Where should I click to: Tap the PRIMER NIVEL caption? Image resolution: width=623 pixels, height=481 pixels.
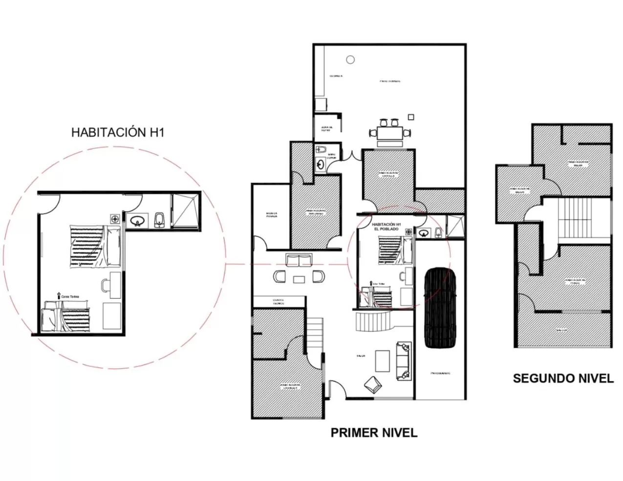pos(374,433)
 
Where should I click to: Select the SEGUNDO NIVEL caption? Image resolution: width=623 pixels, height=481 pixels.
pos(563,378)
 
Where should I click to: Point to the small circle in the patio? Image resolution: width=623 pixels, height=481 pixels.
pos(350,59)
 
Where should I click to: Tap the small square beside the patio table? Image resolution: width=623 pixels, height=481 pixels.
pos(411,117)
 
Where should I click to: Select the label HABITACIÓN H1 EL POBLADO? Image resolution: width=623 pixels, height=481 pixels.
pos(386,226)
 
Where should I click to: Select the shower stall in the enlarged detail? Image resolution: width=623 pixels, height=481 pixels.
pos(186,211)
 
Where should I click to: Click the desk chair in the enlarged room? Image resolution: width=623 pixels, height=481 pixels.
pos(106,285)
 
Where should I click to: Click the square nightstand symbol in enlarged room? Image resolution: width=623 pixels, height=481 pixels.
pos(115,218)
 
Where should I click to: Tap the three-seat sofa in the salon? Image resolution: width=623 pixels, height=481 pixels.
pos(404,361)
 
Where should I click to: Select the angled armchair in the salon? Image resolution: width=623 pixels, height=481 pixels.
pos(374,384)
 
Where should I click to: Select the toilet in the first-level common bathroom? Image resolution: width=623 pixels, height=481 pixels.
pos(321,150)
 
